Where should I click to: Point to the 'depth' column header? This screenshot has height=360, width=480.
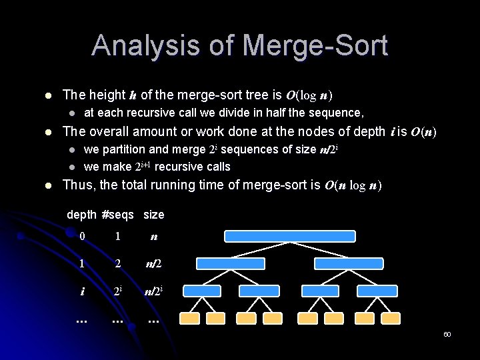pos(81,215)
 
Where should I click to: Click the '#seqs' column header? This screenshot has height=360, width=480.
pos(118,215)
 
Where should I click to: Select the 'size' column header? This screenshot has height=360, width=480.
pos(153,215)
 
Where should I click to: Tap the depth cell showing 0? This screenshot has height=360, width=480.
pos(82,236)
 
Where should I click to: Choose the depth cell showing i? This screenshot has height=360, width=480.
pos(82,291)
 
